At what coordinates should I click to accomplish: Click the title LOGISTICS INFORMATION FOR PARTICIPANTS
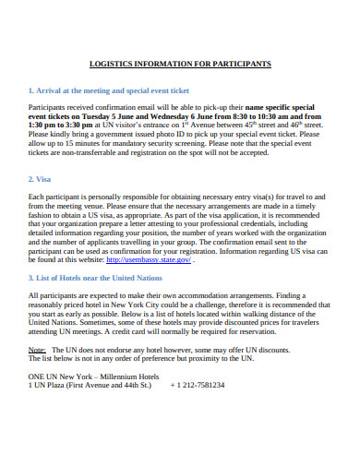(179, 65)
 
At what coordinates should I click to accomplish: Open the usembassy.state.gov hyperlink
(148, 260)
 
